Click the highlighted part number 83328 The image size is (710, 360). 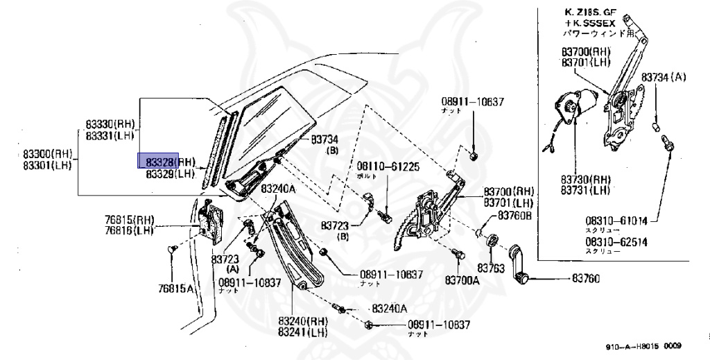pyautogui.click(x=159, y=162)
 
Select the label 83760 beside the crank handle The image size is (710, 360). pyautogui.click(x=586, y=279)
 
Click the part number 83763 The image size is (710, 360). pyautogui.click(x=491, y=267)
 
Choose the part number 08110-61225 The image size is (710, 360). pyautogui.click(x=388, y=167)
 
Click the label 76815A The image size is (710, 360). pyautogui.click(x=175, y=288)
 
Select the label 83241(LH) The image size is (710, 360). pyautogui.click(x=302, y=332)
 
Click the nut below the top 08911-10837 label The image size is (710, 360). pyautogui.click(x=474, y=155)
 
